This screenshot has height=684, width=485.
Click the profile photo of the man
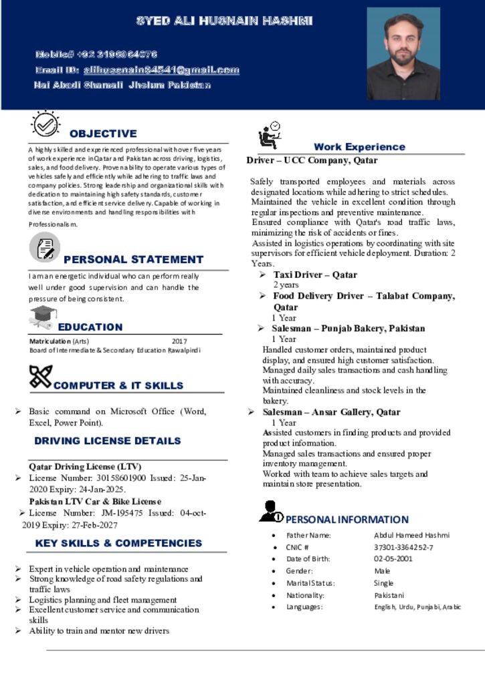(403, 54)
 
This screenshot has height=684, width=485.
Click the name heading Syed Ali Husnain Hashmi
(225, 21)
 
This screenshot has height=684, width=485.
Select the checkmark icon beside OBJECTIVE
(45, 124)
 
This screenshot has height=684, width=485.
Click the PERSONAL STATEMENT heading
(133, 259)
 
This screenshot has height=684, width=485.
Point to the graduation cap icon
(42, 315)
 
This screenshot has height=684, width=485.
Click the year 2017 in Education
(179, 341)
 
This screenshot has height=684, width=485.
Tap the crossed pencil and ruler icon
(41, 377)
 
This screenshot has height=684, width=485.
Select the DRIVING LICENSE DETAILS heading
(108, 441)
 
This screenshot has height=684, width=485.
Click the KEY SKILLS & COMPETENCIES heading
(118, 543)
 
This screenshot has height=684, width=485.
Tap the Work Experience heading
(359, 147)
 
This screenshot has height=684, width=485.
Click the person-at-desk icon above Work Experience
(270, 135)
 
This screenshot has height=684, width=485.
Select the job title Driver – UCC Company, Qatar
(312, 160)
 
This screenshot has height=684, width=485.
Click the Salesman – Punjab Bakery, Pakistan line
(348, 329)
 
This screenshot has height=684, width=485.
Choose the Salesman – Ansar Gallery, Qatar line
(331, 412)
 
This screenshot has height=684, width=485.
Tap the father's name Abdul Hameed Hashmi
(411, 535)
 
